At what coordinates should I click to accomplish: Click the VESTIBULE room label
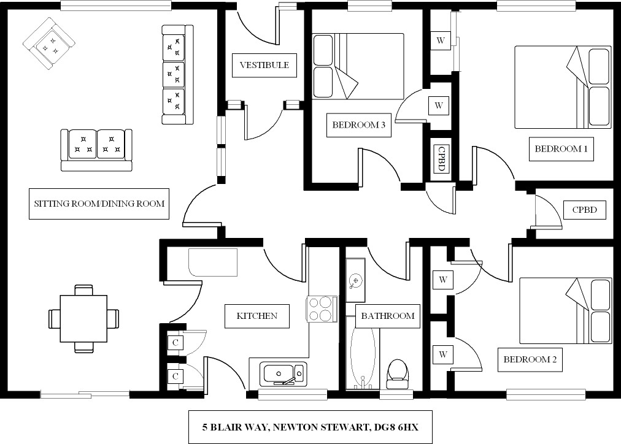click(264, 65)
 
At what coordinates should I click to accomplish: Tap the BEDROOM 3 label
click(358, 125)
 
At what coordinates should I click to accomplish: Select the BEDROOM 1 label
click(561, 148)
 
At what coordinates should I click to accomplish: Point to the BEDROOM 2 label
click(530, 359)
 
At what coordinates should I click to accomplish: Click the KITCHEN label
click(257, 316)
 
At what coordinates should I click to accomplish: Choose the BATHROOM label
click(388, 316)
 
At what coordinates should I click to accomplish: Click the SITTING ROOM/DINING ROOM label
click(99, 204)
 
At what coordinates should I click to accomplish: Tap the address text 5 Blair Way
click(310, 426)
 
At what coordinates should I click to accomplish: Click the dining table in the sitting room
click(83, 318)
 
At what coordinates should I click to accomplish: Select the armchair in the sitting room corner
click(48, 44)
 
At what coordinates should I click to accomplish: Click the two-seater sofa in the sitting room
click(96, 149)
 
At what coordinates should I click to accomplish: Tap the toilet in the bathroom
click(398, 373)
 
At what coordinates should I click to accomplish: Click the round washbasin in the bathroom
click(355, 281)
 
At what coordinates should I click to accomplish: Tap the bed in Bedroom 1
click(562, 87)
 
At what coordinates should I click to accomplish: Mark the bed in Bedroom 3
click(358, 66)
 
